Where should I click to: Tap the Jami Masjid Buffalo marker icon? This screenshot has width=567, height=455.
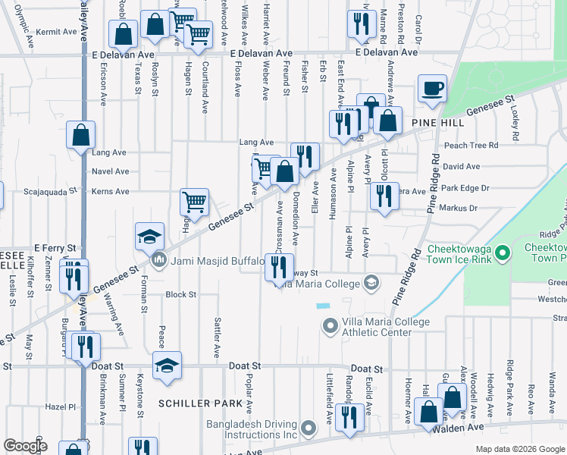tap(159, 262)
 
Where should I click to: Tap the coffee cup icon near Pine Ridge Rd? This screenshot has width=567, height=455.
tap(432, 88)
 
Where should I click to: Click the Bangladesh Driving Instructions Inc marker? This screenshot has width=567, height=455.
tap(308, 429)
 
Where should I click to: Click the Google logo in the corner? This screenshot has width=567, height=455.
tap(25, 446)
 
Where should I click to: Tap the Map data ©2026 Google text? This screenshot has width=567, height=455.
tap(519, 449)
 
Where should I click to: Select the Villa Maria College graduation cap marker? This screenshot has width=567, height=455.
tap(371, 284)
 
